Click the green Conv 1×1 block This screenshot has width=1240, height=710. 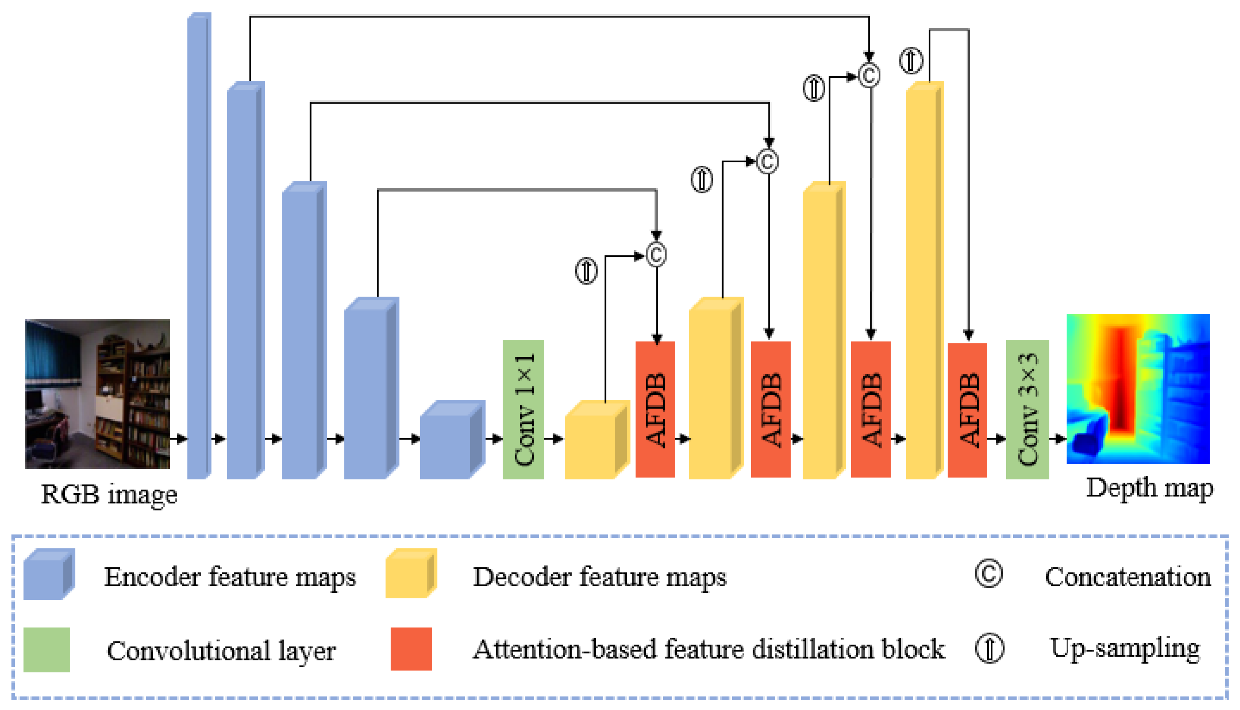[x=523, y=409]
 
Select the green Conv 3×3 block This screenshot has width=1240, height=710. [x=1027, y=409]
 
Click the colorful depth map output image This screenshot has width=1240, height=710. [x=1138, y=388]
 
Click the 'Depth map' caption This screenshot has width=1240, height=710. [x=1149, y=488]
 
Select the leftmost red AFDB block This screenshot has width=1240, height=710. [x=655, y=409]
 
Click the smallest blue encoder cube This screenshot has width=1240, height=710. [x=451, y=440]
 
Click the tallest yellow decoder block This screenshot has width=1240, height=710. [x=924, y=280]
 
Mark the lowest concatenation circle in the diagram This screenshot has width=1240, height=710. [x=656, y=255]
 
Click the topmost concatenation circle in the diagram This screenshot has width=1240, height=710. [x=869, y=75]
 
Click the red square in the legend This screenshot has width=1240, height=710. [x=411, y=649]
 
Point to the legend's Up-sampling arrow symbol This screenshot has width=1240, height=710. [x=989, y=649]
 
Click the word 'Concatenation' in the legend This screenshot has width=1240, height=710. [x=1127, y=577]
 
